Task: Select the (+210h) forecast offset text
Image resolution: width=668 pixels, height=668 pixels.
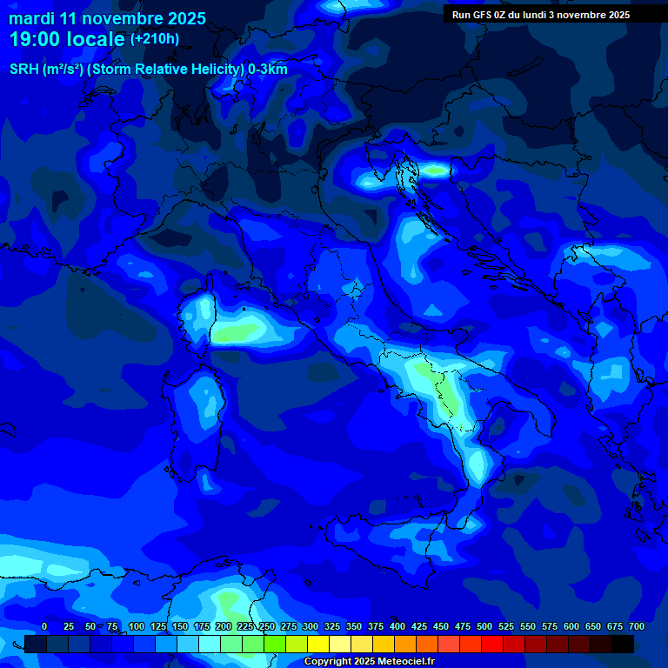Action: click(x=155, y=39)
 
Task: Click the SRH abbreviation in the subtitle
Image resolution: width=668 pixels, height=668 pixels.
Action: click(x=24, y=70)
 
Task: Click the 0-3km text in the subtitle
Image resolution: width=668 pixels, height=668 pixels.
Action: click(x=268, y=70)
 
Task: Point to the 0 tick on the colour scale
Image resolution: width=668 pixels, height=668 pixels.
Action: click(x=44, y=627)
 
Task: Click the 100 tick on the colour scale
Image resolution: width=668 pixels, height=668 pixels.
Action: click(x=137, y=627)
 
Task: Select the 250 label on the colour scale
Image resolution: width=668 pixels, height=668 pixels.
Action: click(x=267, y=627)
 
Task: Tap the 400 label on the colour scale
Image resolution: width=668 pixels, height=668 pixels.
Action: click(x=397, y=627)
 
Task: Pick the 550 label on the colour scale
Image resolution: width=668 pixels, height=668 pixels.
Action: click(x=528, y=627)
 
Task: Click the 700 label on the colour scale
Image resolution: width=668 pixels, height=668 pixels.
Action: click(x=636, y=627)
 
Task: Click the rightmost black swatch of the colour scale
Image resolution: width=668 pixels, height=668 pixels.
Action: click(x=623, y=644)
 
